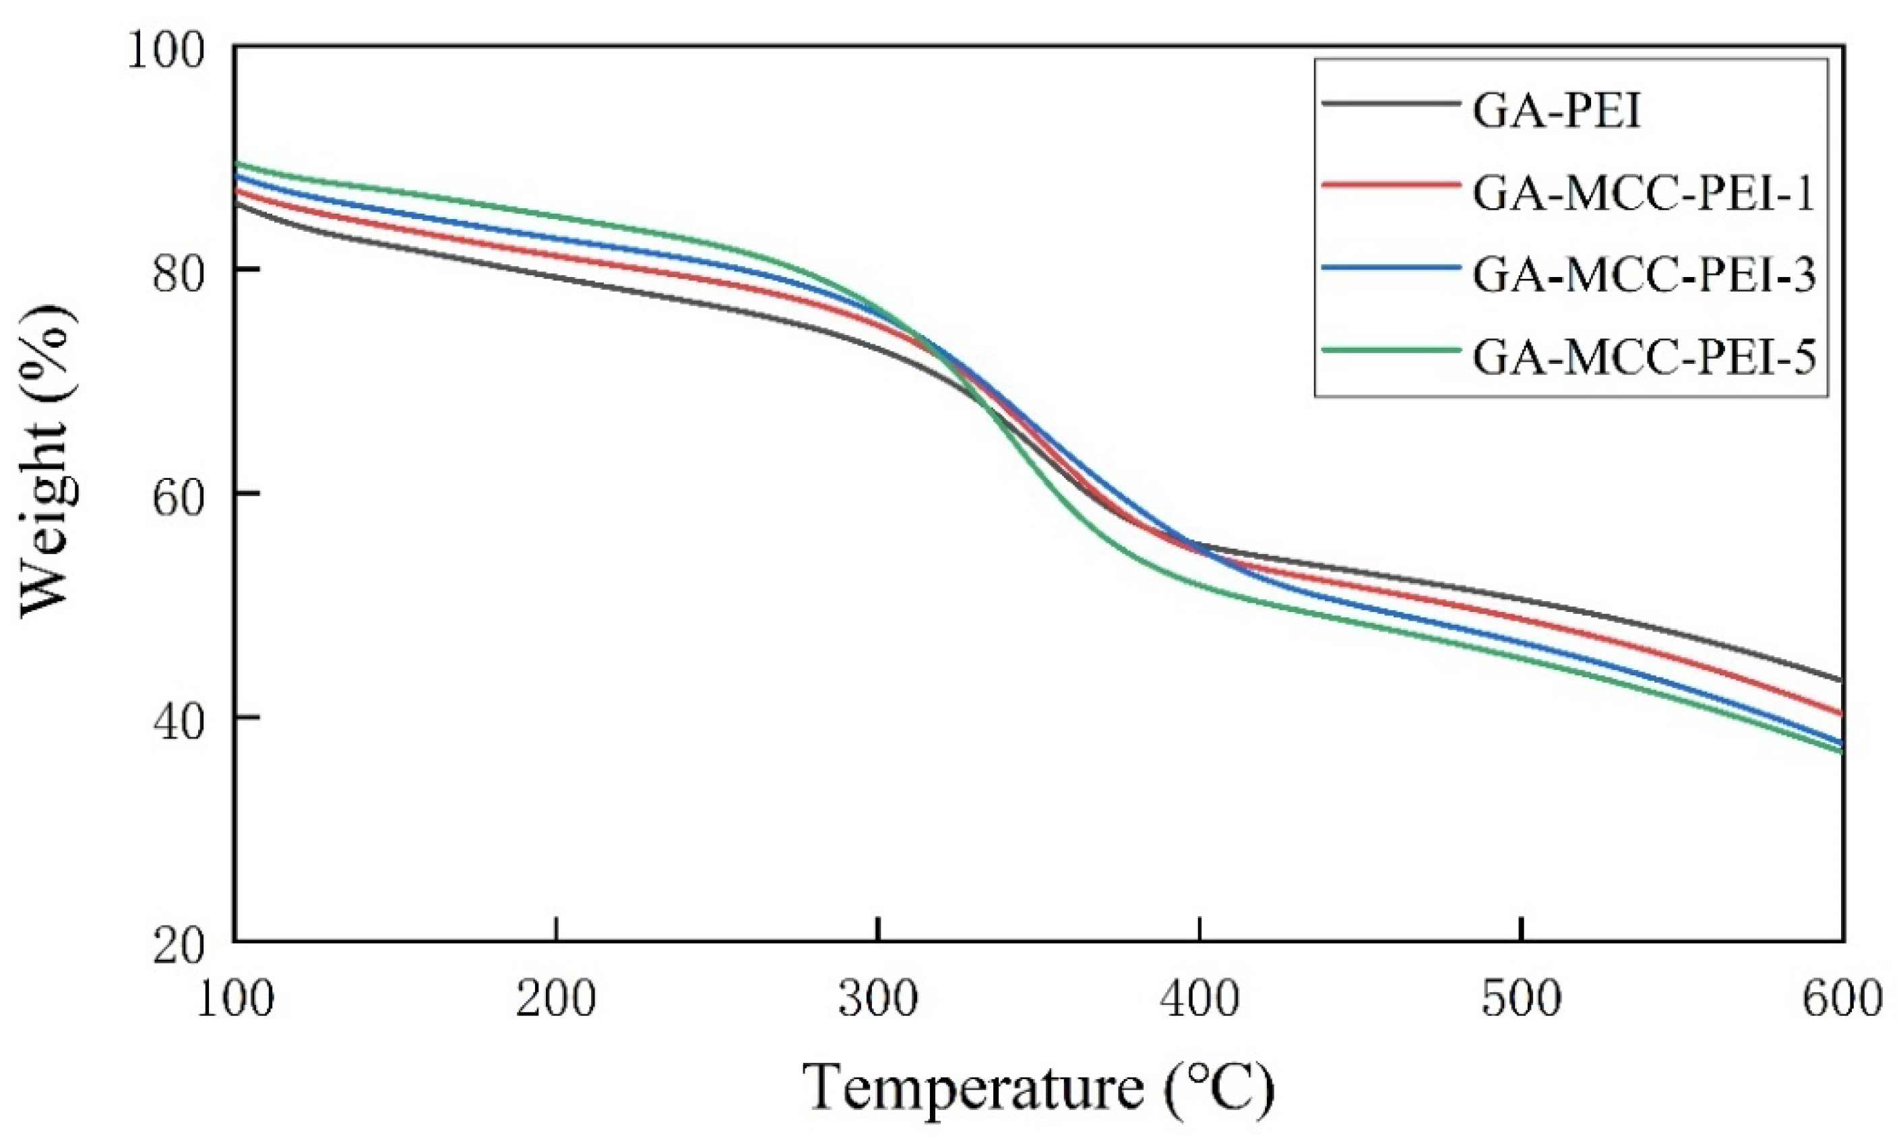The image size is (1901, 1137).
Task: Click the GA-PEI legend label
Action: click(1557, 113)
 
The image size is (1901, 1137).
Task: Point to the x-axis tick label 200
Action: click(555, 999)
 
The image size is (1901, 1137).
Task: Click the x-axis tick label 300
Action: click(878, 999)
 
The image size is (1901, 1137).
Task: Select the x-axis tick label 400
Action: click(1199, 999)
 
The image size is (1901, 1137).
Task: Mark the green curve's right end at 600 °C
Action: click(1840, 751)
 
